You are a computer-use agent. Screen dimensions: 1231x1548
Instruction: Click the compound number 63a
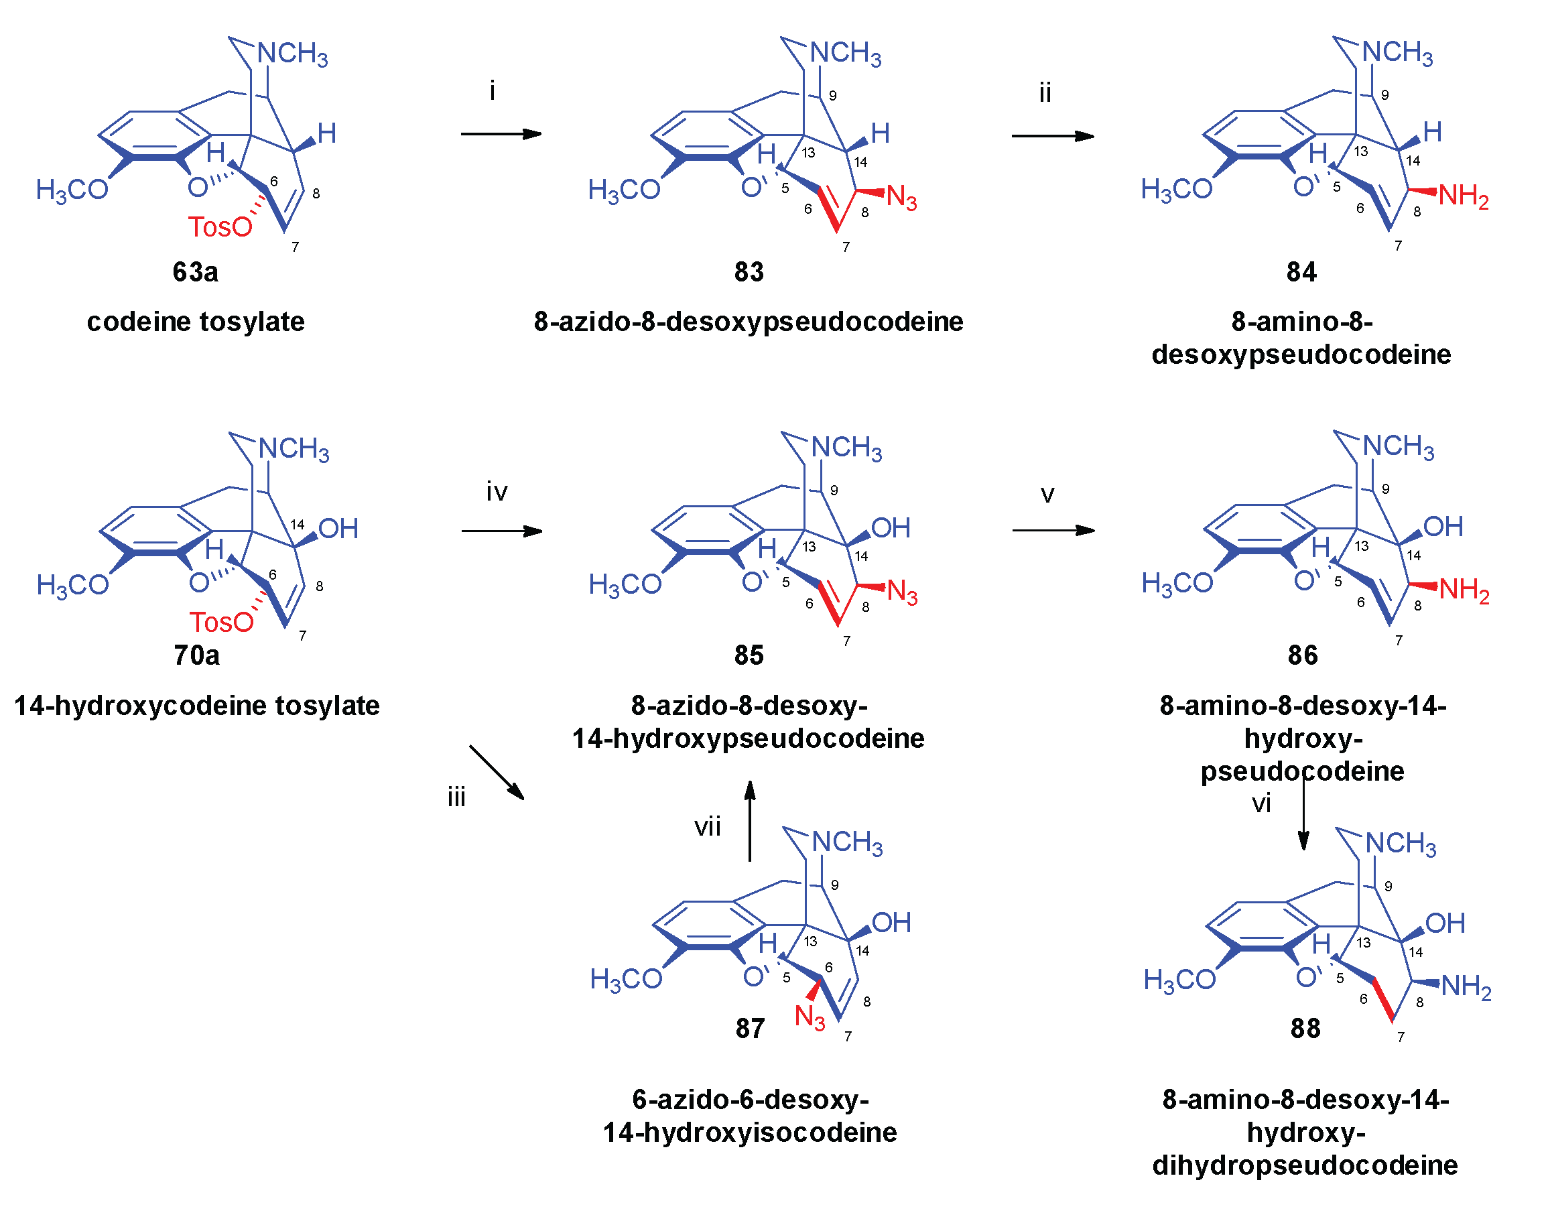[195, 272]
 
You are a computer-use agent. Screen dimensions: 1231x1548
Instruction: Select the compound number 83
[749, 272]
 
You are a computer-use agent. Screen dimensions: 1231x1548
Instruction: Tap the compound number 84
[1301, 272]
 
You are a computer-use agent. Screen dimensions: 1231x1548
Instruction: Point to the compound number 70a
[196, 655]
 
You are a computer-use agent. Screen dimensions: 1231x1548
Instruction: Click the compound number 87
[750, 1029]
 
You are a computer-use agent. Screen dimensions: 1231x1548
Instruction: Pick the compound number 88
[1305, 1029]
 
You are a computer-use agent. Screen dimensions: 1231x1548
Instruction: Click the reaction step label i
[492, 91]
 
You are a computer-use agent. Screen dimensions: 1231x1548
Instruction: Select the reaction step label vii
[707, 827]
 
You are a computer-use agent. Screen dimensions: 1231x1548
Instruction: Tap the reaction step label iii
[456, 797]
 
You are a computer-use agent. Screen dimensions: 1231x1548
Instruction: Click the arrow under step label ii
[1053, 135]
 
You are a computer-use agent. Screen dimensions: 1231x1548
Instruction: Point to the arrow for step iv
[501, 531]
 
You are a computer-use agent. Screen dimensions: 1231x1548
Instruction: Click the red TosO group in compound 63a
[220, 226]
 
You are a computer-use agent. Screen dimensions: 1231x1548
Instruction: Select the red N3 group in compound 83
[902, 198]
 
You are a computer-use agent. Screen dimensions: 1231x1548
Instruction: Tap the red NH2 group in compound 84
[1464, 196]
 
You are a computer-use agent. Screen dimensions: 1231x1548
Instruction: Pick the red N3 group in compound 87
[810, 1017]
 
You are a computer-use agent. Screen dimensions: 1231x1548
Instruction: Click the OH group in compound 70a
[338, 529]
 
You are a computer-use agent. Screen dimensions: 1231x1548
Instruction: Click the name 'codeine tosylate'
[195, 322]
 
